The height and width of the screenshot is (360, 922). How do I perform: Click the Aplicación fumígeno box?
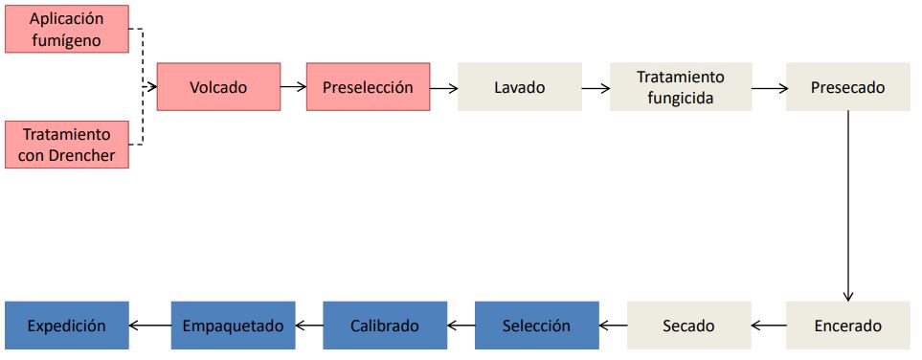click(67, 28)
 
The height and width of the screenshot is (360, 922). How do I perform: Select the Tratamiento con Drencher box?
click(67, 145)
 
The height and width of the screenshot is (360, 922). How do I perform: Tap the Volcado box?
click(218, 87)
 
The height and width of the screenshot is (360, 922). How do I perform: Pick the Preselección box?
click(368, 87)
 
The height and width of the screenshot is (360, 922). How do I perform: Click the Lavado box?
click(519, 87)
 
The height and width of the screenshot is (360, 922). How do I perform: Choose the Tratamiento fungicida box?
click(681, 87)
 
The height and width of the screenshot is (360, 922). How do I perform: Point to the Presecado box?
click(847, 87)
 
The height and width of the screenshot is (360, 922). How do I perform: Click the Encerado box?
click(847, 326)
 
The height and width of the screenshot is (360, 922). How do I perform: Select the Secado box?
click(688, 326)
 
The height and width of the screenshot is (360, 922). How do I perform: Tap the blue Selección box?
click(536, 326)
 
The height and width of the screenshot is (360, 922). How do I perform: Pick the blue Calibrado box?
click(384, 326)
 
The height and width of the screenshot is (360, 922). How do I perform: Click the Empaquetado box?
click(233, 326)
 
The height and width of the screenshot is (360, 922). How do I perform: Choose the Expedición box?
click(66, 326)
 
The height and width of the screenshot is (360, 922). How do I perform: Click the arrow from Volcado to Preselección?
click(293, 87)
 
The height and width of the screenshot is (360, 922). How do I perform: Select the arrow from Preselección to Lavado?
click(443, 87)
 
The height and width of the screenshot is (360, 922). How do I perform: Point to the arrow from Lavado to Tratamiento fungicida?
click(595, 87)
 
